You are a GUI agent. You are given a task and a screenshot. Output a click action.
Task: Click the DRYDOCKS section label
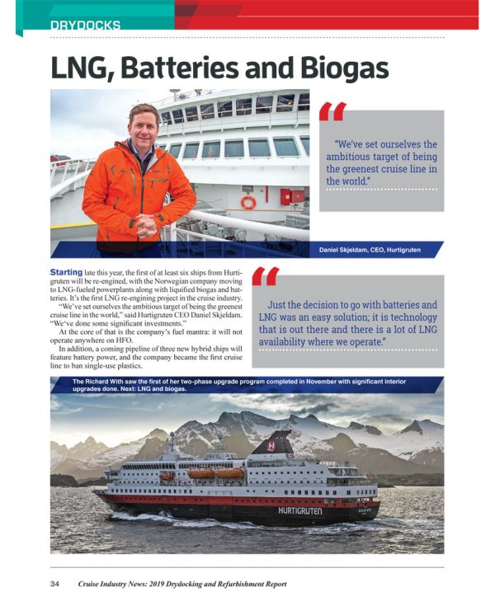click(x=85, y=25)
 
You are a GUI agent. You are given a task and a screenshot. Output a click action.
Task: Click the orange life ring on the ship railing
click(x=248, y=202)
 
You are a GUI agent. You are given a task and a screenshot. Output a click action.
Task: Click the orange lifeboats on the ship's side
click(x=217, y=473)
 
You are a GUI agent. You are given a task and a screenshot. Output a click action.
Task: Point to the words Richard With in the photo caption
click(x=106, y=381)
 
